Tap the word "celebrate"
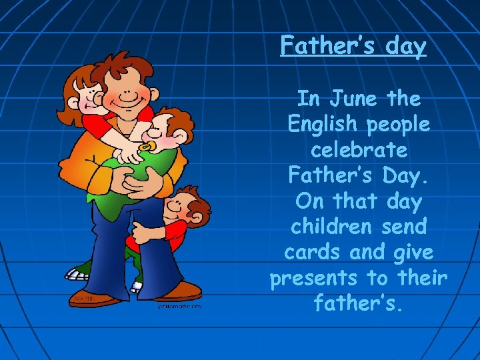359,150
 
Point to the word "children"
325,227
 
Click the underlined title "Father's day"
353,45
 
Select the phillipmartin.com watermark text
179,307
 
